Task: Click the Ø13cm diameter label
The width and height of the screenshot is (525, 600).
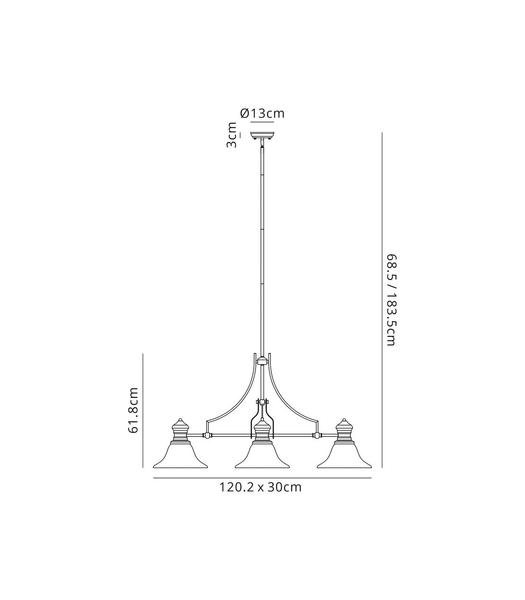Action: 262,114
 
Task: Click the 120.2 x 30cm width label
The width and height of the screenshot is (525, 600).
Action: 261,487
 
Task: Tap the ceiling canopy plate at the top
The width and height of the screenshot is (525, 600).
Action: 262,135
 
